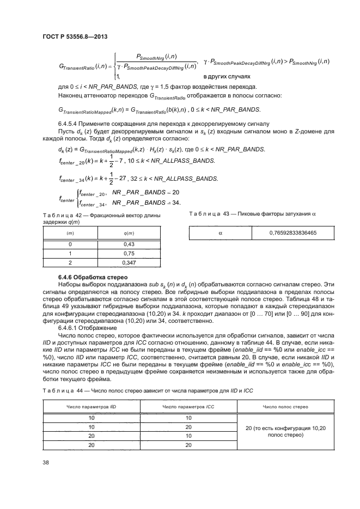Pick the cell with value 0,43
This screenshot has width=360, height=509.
pos(130,244)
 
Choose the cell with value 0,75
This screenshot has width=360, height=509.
pos(130,253)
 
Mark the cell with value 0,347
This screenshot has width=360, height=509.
pos(130,262)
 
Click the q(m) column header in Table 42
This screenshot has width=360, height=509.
pos(130,233)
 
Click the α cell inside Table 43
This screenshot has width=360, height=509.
pos(220,233)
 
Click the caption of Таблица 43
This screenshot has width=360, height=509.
pos(253,214)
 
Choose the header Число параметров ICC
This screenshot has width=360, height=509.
pos(188,407)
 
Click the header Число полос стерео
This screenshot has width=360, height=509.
pos(285,407)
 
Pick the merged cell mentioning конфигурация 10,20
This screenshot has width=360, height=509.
pos(285,432)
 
